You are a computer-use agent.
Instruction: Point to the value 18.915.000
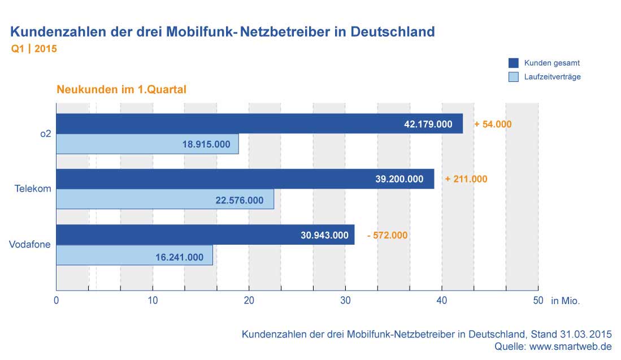pos(206,144)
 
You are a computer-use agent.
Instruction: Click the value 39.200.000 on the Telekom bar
pos(399,179)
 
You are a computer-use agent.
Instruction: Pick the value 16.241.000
pos(179,257)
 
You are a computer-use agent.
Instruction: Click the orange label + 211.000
pos(466,179)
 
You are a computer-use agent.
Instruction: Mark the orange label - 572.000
pos(387,235)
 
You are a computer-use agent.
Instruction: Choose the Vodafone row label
pos(31,245)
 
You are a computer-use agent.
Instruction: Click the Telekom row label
pos(33,189)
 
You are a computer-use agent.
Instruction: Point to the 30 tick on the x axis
pos(346,301)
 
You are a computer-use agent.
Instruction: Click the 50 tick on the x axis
pos(538,301)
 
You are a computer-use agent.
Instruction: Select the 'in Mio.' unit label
pos(566,301)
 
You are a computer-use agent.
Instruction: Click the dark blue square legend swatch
pos(514,63)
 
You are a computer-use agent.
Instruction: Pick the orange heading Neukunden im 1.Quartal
pos(121,89)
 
